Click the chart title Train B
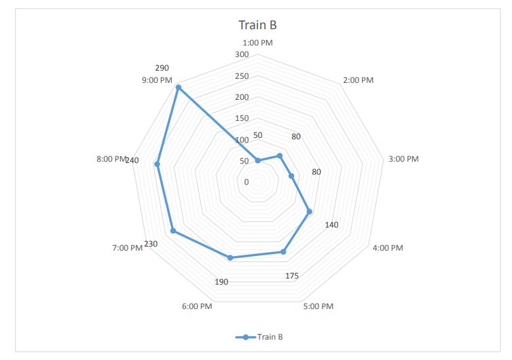coord(257,26)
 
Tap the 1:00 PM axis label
coord(258,43)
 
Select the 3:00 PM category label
coord(403,159)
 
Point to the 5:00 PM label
coord(318,306)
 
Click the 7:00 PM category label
coord(128,248)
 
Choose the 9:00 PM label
coord(157,80)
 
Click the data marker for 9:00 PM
coord(178,88)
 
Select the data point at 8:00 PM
coord(158,164)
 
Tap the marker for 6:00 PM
coord(230,257)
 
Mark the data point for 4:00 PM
coord(309,211)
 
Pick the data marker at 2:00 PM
coord(280,156)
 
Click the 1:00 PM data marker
coord(257,161)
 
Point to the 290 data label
coord(162,68)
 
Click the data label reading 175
coord(292,275)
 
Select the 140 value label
coord(332,225)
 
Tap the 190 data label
coord(221,282)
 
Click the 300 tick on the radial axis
coord(242,54)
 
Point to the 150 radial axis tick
coord(242,118)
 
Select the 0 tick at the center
coord(246,182)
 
